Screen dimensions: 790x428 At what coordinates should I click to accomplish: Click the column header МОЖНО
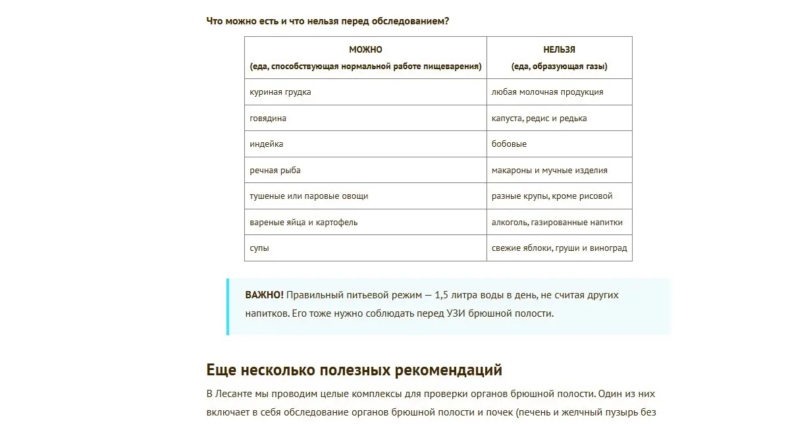tap(365, 49)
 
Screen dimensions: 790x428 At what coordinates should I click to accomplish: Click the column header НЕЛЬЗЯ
tap(559, 49)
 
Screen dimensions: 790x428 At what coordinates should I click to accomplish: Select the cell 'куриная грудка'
tap(280, 92)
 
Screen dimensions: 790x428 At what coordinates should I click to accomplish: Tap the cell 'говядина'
tap(268, 119)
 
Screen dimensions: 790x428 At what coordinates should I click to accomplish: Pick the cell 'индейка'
tap(267, 144)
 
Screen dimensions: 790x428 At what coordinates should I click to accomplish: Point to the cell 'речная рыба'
tap(275, 170)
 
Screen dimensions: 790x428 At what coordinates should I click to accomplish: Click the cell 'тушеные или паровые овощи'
tap(309, 196)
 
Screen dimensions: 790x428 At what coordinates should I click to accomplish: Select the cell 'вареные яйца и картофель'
tap(303, 223)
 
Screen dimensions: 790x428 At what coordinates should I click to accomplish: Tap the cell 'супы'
tap(259, 248)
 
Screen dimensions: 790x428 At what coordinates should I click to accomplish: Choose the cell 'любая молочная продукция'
tap(547, 92)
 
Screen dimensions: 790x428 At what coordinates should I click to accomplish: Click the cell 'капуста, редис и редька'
tap(539, 119)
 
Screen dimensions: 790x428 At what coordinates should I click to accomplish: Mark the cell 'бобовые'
tap(509, 144)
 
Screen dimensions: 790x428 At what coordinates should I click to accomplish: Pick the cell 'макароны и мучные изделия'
tap(549, 170)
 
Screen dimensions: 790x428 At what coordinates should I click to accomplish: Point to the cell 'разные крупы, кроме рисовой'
tap(552, 196)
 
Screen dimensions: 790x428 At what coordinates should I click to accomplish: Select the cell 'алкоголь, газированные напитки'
tap(557, 223)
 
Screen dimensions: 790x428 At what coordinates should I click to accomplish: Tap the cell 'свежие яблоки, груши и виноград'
tap(559, 248)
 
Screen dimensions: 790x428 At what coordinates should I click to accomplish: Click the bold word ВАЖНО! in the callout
tap(264, 295)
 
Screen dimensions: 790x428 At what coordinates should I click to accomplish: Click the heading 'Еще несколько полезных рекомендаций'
tap(354, 369)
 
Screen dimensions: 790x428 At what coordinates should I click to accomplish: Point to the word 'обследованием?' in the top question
tap(411, 20)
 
